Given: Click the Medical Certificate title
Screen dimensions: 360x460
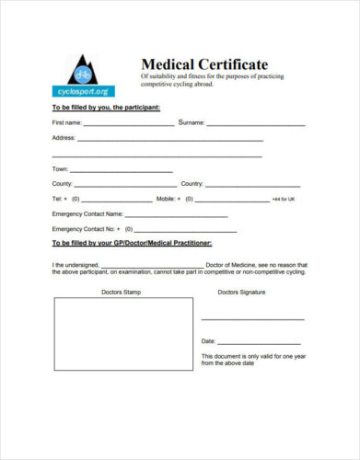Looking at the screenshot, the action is [204, 64].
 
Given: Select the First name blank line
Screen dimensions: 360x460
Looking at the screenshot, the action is [129, 124].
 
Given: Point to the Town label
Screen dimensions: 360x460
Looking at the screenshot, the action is [61, 169].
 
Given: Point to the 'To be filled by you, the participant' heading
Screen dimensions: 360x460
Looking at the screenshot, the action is [106, 108].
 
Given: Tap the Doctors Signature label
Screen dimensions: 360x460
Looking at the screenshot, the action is [241, 292].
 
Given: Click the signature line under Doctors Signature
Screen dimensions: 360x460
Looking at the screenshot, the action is [252, 319].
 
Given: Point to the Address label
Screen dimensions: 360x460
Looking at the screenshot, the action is [64, 138].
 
